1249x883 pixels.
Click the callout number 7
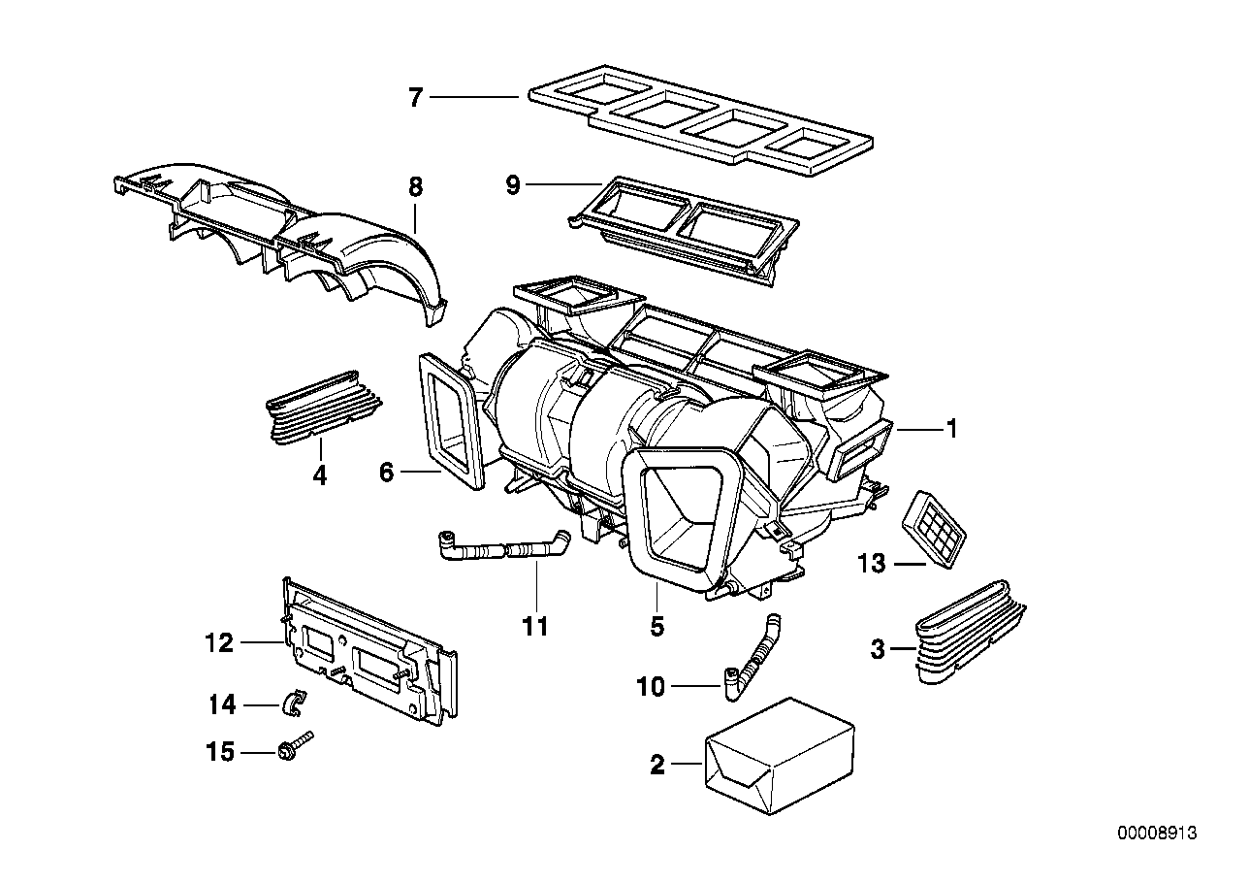[415, 97]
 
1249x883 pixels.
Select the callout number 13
[872, 563]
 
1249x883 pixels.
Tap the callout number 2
[657, 767]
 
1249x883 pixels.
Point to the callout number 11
[534, 627]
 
